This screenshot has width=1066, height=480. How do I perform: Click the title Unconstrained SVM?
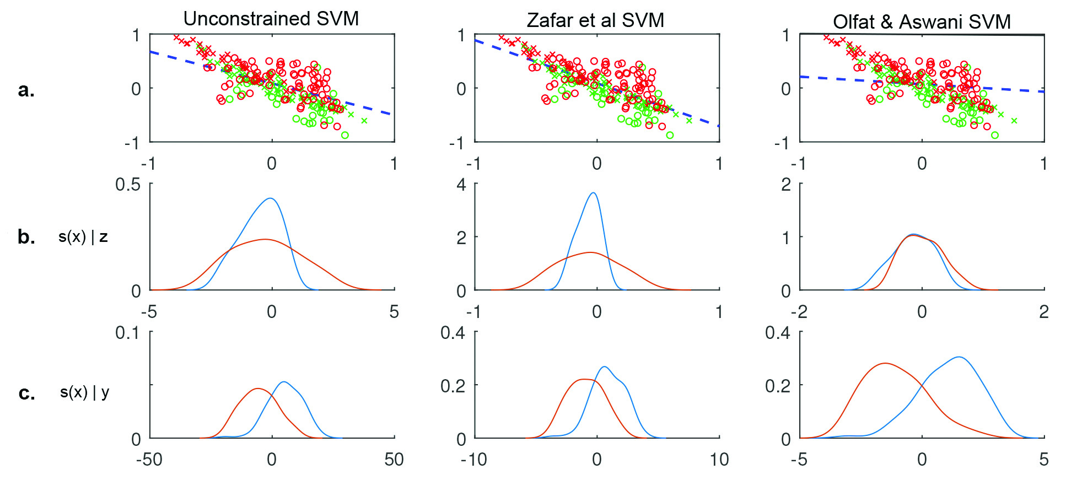click(x=271, y=19)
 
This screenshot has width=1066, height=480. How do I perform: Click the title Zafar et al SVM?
click(x=595, y=20)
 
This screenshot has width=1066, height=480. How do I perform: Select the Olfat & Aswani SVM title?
click(x=922, y=22)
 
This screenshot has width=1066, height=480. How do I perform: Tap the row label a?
click(x=26, y=90)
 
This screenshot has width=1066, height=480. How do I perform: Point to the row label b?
click(x=26, y=236)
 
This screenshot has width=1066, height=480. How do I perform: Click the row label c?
click(x=26, y=393)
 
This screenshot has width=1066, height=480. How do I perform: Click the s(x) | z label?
click(x=83, y=237)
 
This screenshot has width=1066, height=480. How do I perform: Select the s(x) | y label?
click(x=84, y=392)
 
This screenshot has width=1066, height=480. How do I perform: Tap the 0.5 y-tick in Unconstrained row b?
click(x=128, y=185)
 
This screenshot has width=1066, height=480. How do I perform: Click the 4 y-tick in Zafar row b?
click(x=461, y=185)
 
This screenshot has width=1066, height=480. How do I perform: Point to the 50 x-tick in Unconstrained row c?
click(x=394, y=460)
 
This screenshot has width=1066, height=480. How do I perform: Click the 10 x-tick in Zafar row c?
click(x=719, y=460)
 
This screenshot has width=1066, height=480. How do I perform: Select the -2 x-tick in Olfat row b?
click(x=799, y=312)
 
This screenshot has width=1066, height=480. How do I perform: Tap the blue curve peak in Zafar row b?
click(x=593, y=193)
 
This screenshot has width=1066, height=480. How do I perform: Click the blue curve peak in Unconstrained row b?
click(x=270, y=198)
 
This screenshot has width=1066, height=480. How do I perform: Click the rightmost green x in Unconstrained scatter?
click(x=364, y=121)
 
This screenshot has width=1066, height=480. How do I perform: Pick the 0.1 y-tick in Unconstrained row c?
click(x=128, y=333)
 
